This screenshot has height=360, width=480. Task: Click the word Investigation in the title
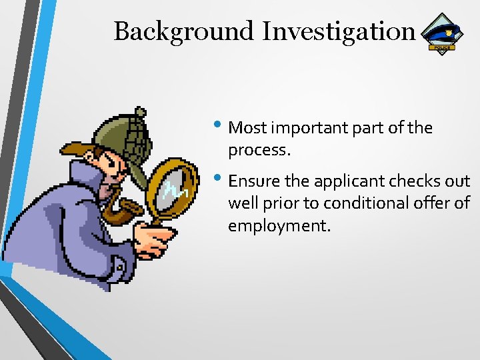(339, 31)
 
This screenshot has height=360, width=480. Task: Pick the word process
(259, 151)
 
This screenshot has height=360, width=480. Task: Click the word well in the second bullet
(241, 203)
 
